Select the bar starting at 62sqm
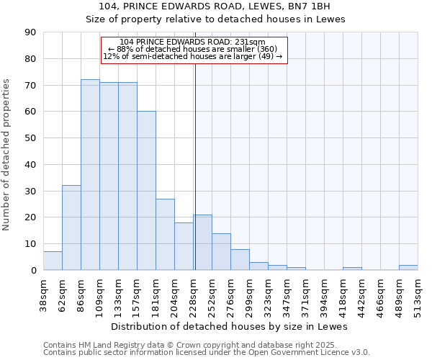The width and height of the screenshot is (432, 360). pyautogui.click(x=71, y=228)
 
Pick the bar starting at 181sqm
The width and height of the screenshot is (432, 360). pyautogui.click(x=165, y=235)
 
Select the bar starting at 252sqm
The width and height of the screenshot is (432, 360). pyautogui.click(x=221, y=252)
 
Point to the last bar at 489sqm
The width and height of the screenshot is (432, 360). pyautogui.click(x=408, y=268)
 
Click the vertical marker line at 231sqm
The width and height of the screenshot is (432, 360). pyautogui.click(x=195, y=166)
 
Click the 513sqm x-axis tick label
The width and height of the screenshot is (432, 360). pyautogui.click(x=418, y=294)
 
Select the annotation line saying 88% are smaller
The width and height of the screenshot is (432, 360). pyautogui.click(x=192, y=49)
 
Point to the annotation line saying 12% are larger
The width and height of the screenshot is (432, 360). pyautogui.click(x=192, y=56)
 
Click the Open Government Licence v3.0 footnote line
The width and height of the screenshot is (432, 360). pyautogui.click(x=207, y=352)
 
